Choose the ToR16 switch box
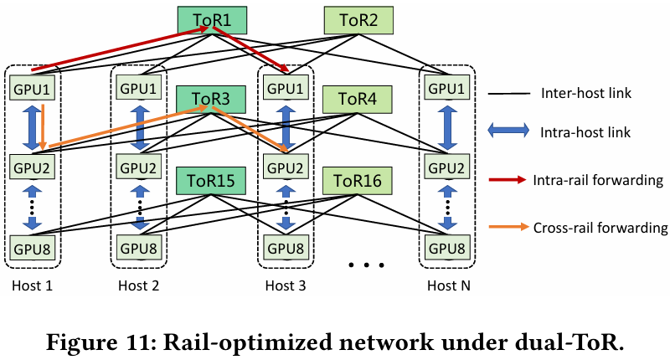[x=358, y=179]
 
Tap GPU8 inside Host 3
[x=286, y=247]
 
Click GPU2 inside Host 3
[x=286, y=167]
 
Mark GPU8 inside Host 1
[x=31, y=247]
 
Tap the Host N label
[x=447, y=285]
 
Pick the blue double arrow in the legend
[x=506, y=131]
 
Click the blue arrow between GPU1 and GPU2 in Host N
[x=447, y=127]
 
